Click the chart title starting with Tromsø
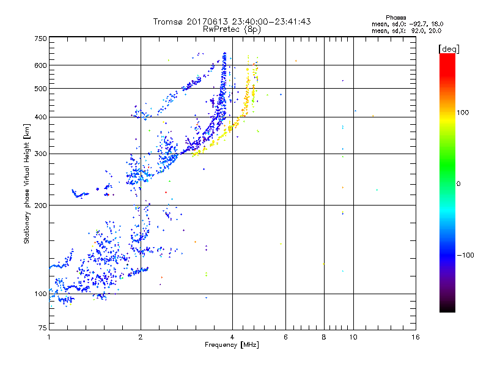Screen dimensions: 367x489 (x=232, y=21)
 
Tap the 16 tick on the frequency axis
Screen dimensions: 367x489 (x=415, y=338)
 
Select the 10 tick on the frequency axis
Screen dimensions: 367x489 (x=353, y=338)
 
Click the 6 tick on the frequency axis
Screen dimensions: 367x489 (x=285, y=338)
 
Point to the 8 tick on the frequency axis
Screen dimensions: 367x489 (x=323, y=338)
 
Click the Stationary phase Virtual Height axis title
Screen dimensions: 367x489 (x=27, y=183)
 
